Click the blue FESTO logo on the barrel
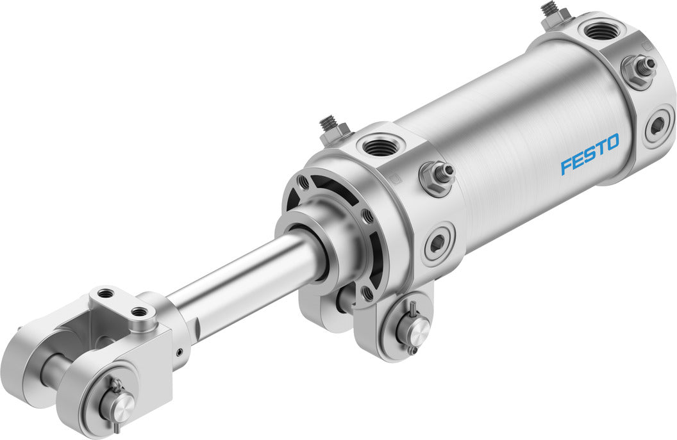tap(589, 154)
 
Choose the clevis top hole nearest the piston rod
tap(139, 313)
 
